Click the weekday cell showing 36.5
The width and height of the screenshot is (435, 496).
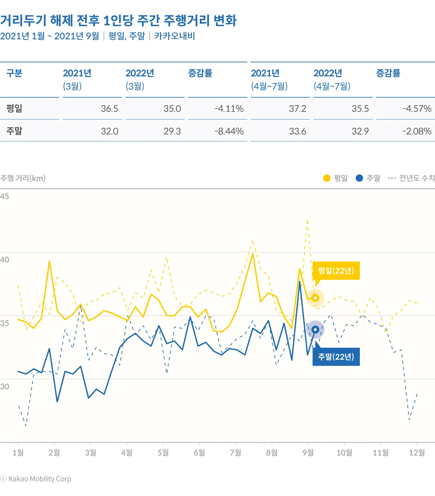point(109,109)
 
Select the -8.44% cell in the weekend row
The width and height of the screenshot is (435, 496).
point(229,131)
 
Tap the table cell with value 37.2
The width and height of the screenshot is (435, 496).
point(297,109)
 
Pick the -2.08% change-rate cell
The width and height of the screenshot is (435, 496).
point(417,131)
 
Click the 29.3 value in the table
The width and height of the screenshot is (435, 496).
point(172,131)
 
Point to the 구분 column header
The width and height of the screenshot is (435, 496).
point(14,73)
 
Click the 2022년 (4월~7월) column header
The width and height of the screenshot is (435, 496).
point(332,80)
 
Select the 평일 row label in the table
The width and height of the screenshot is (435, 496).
point(14,108)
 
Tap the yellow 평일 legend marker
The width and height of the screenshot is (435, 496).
point(327,178)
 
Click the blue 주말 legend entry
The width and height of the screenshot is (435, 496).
point(368,178)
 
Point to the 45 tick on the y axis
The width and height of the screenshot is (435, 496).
point(4,196)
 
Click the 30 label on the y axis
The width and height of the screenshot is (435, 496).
point(4,386)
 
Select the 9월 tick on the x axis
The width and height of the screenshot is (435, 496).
point(308,453)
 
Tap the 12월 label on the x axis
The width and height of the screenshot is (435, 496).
point(417,453)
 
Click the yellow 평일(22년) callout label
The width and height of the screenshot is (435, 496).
point(336,271)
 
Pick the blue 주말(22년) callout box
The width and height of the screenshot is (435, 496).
point(336,357)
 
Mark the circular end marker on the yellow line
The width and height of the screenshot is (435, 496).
point(315,298)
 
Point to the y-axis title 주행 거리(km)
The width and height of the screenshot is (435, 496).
point(23,178)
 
